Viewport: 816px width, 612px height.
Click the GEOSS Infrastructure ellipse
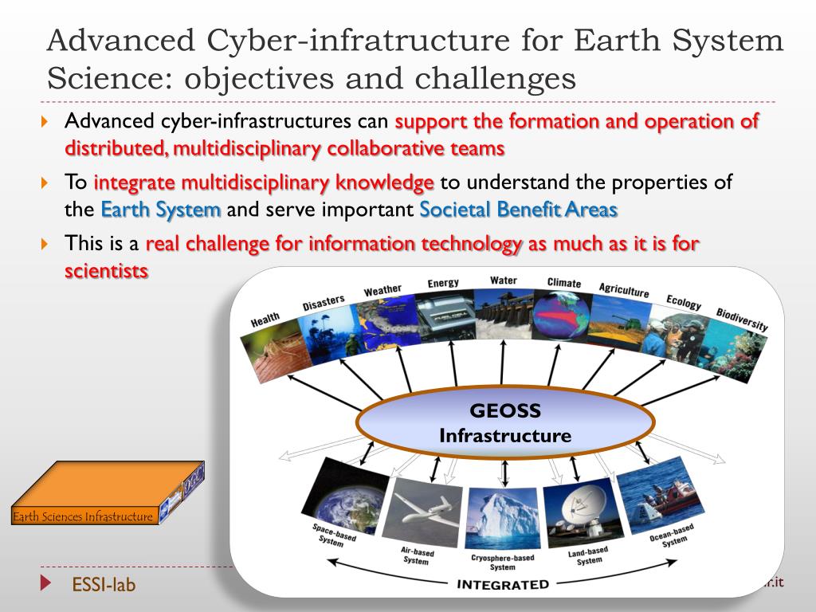[505, 423]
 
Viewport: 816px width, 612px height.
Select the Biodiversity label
[741, 319]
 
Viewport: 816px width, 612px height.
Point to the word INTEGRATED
[503, 584]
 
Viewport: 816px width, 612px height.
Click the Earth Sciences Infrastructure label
[83, 517]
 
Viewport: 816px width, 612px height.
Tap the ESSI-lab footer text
[104, 585]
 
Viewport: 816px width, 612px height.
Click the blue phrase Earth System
[161, 210]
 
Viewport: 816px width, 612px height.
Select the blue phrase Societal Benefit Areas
[518, 210]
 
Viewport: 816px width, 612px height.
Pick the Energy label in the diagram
[443, 283]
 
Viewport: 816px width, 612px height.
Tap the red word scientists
[106, 271]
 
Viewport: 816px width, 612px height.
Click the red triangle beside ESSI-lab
[45, 584]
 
